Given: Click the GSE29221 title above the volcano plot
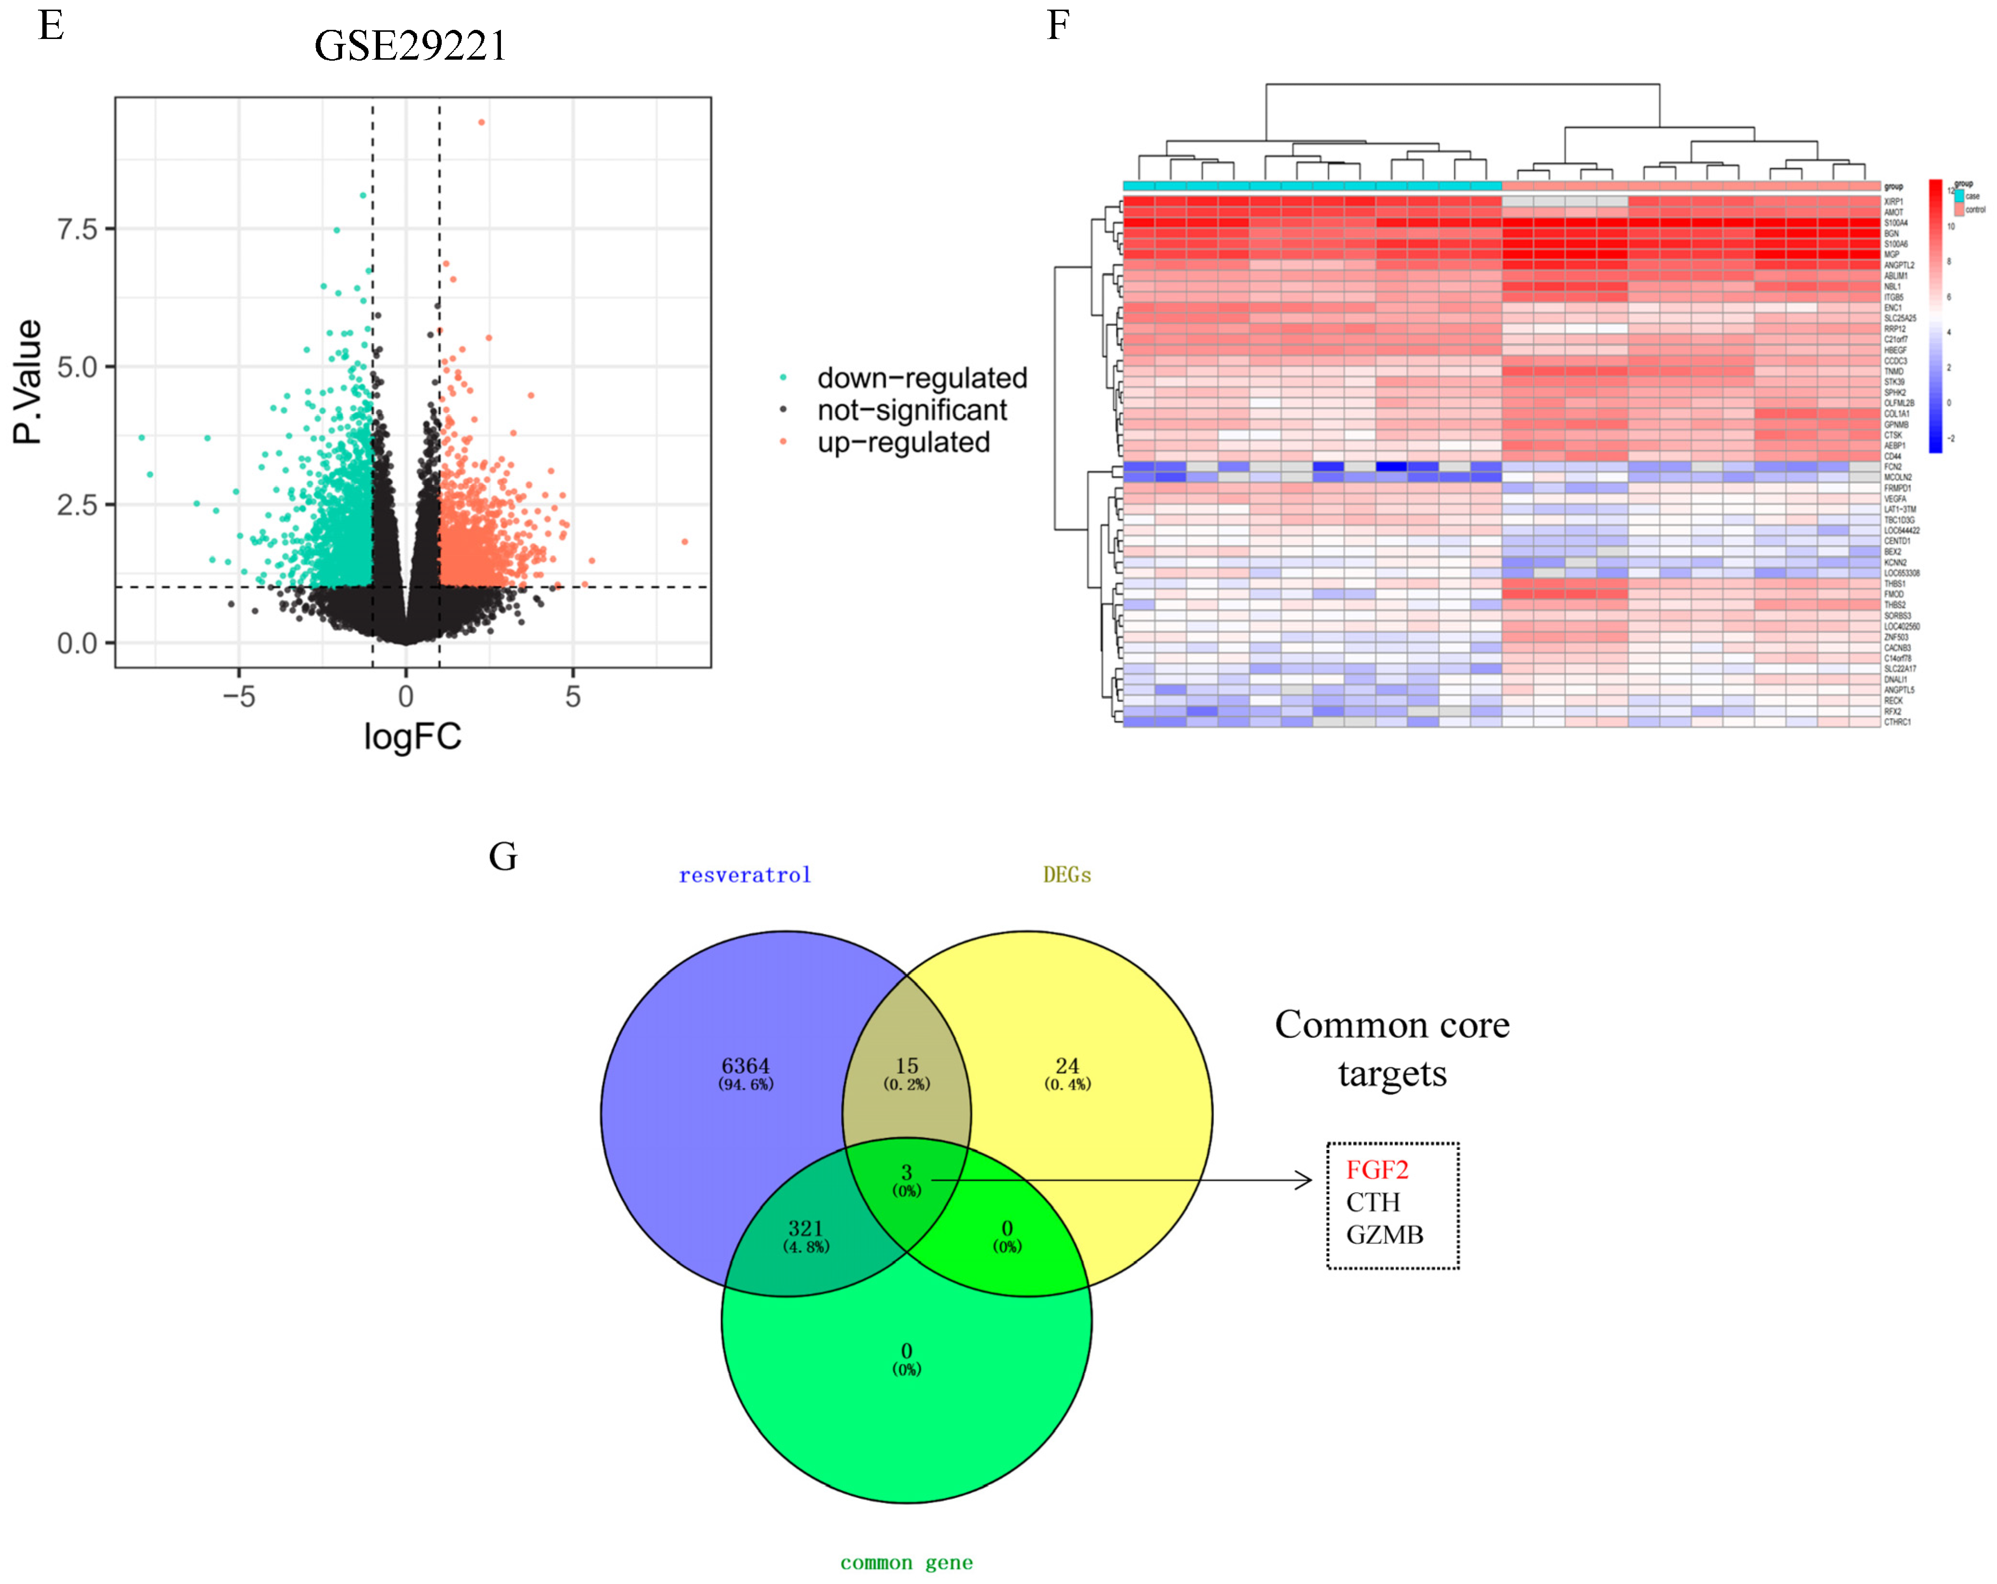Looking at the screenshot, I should point(410,46).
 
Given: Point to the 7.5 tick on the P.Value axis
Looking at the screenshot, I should point(78,229).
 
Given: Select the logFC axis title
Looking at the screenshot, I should point(412,737).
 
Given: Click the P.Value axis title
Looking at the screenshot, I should point(28,382).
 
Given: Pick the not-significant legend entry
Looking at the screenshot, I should point(911,411).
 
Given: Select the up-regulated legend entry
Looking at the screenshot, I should point(903,443).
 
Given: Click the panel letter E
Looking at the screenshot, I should point(51,26).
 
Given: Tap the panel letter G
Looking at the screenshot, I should point(503,857).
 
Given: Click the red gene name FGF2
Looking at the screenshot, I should point(1376,1170).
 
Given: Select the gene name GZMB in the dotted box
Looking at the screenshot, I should point(1384,1235).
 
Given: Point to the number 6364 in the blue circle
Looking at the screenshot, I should point(746,1066).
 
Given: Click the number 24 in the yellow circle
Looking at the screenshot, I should point(1067,1066).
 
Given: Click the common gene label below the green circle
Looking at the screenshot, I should point(906,1563).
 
